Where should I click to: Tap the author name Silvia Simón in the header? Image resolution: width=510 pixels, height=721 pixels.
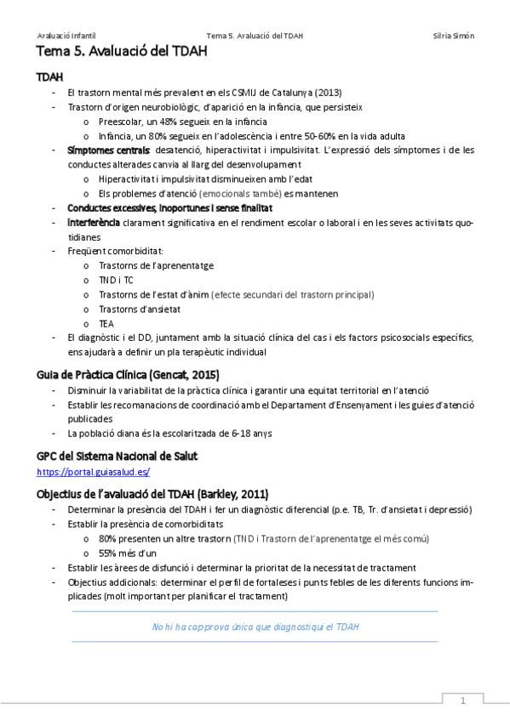(454, 36)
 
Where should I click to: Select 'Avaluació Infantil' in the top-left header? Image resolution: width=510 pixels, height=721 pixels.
(66, 36)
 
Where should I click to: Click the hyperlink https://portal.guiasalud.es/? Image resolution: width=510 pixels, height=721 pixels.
(94, 471)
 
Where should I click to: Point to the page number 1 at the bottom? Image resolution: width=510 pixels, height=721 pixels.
(462, 701)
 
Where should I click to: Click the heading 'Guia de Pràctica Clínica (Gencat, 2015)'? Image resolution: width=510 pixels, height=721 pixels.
(128, 374)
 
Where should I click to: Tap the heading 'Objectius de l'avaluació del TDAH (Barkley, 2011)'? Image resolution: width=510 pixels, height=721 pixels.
(152, 494)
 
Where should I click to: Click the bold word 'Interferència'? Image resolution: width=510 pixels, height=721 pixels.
(94, 223)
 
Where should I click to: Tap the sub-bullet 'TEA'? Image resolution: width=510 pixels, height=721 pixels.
(106, 323)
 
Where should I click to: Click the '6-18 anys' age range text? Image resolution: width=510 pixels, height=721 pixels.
(251, 434)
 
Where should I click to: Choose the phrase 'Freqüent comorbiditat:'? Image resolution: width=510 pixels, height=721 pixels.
(116, 252)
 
